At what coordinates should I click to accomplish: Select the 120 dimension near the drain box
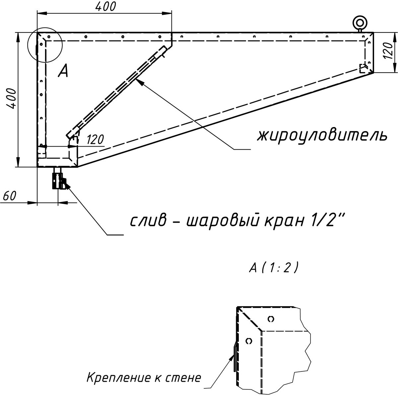tap(95, 140)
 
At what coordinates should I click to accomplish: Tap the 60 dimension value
tap(9, 196)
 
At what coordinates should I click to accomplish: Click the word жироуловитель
tap(322, 135)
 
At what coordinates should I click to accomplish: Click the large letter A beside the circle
tap(63, 71)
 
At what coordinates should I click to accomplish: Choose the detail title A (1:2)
tap(274, 268)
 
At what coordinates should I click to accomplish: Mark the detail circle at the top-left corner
tap(45, 45)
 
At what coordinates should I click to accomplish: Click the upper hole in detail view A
tap(271, 319)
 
